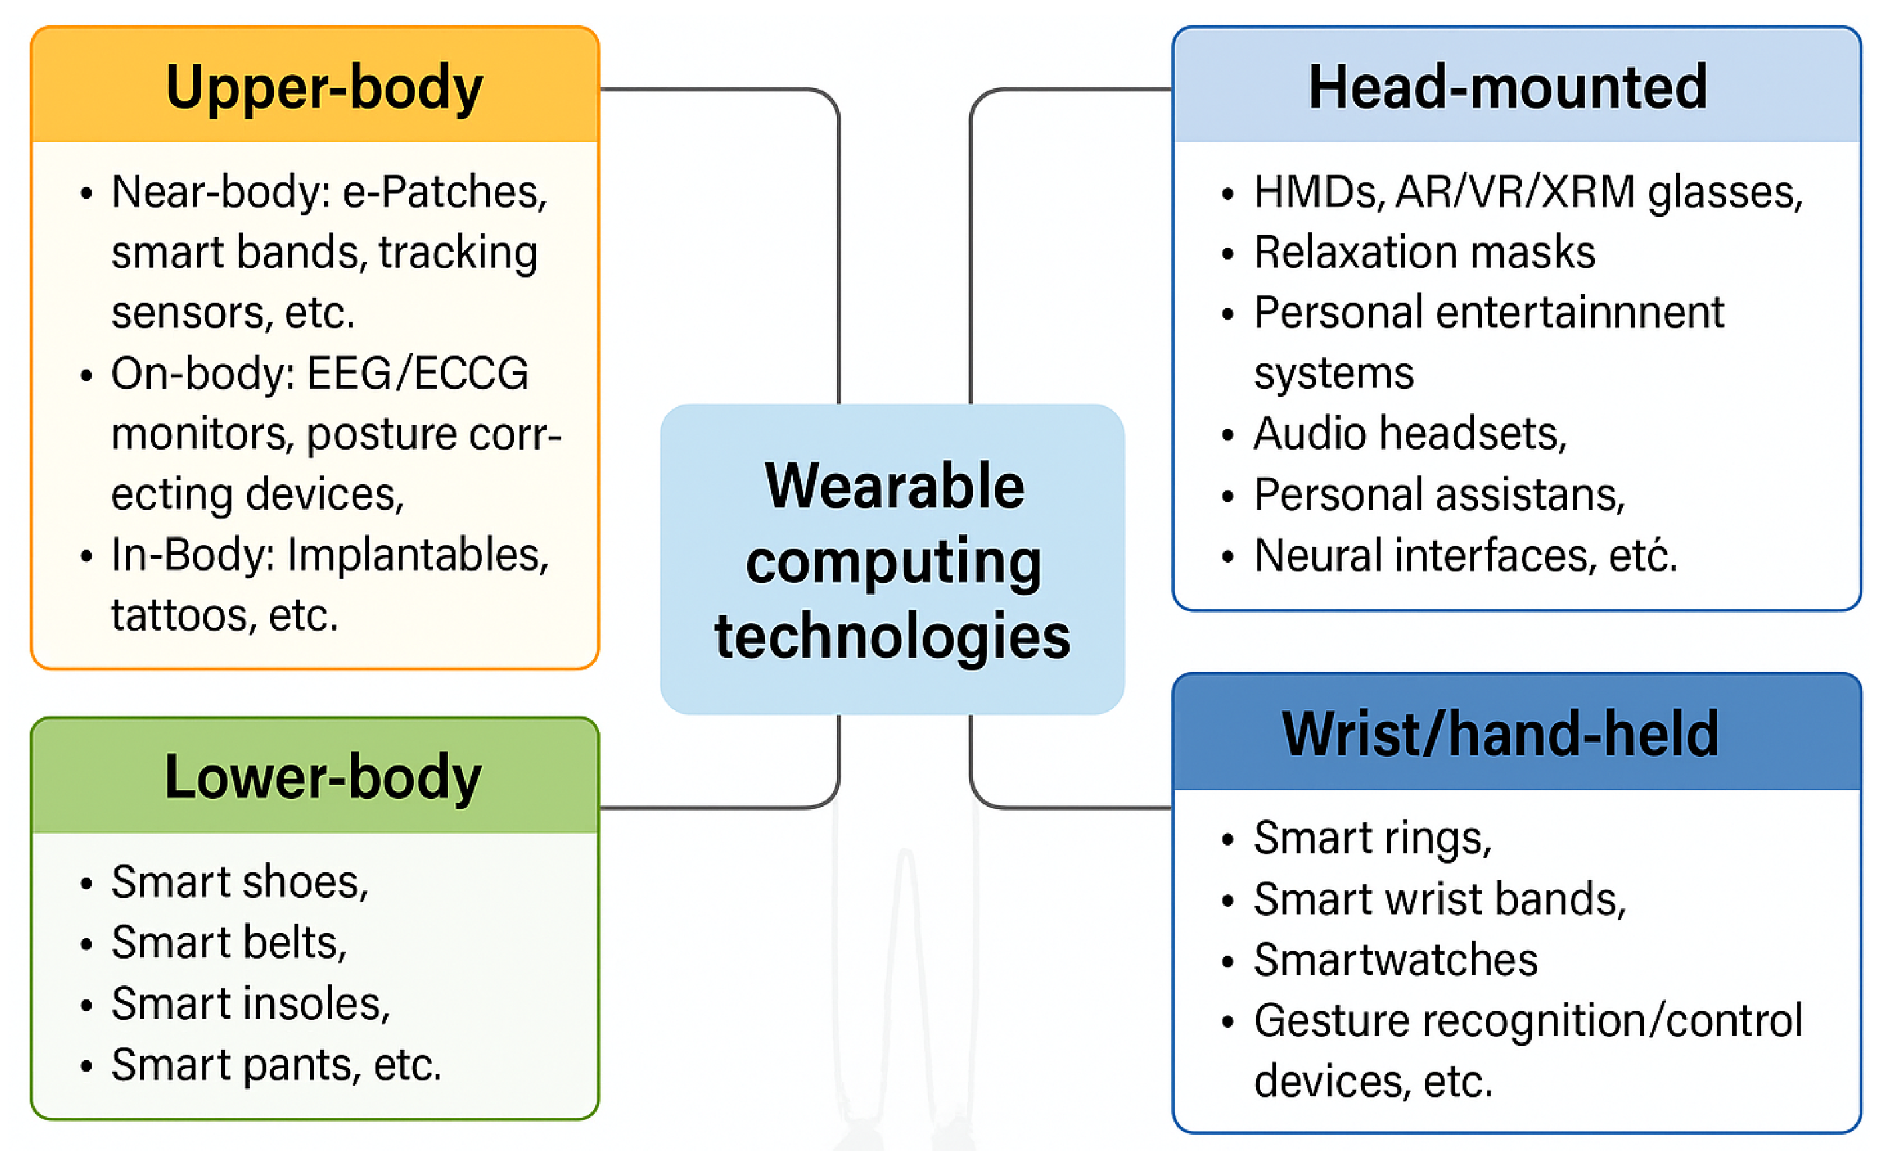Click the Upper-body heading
pyautogui.click(x=324, y=88)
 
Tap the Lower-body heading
pyautogui.click(x=322, y=777)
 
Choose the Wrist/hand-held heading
pyautogui.click(x=1500, y=734)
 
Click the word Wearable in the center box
pyautogui.click(x=894, y=486)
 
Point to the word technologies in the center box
pyautogui.click(x=892, y=636)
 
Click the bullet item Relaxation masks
pyautogui.click(x=1423, y=252)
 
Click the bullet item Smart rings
pyautogui.click(x=1371, y=839)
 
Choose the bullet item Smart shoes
pyautogui.click(x=239, y=883)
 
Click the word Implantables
pyautogui.click(x=417, y=556)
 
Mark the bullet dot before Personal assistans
pyautogui.click(x=1228, y=496)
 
